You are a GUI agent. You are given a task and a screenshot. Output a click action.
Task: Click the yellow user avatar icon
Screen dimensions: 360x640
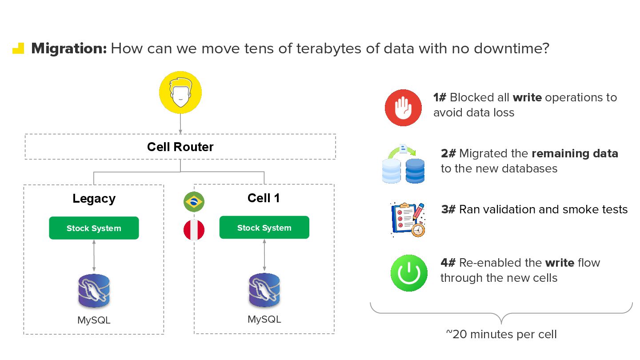coord(180,92)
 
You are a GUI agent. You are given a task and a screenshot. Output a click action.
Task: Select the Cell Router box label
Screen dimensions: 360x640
coord(180,147)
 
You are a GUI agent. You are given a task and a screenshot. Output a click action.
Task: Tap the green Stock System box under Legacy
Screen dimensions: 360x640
coord(94,228)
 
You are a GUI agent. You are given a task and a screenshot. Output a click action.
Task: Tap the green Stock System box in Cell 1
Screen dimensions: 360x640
coord(264,228)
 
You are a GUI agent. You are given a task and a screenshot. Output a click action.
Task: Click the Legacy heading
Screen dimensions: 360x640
coord(94,198)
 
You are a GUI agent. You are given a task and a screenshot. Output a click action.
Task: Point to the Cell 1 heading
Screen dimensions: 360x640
coord(264,198)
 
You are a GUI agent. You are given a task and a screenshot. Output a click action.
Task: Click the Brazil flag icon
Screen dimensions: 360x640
coord(194,202)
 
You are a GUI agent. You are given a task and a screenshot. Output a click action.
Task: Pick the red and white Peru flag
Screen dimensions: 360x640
coord(194,230)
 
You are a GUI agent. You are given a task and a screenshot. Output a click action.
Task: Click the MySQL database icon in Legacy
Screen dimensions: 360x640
coord(94,291)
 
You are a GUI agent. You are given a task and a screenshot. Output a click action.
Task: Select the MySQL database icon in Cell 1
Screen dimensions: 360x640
coord(264,290)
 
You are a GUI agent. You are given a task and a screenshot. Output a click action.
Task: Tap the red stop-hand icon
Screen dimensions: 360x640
coord(403,108)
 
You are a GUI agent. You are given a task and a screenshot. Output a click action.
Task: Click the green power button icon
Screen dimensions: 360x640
coord(409,273)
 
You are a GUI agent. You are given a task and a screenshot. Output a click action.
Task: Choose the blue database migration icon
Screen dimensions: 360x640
coord(403,164)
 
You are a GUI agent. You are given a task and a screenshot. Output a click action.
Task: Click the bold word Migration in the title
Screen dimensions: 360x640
coord(69,48)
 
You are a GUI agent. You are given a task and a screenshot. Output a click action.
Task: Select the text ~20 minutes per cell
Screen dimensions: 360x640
coord(501,334)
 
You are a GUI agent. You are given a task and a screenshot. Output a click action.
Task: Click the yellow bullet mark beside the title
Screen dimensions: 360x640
coord(18,48)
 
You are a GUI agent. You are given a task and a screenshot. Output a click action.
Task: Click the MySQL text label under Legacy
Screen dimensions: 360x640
coord(94,320)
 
